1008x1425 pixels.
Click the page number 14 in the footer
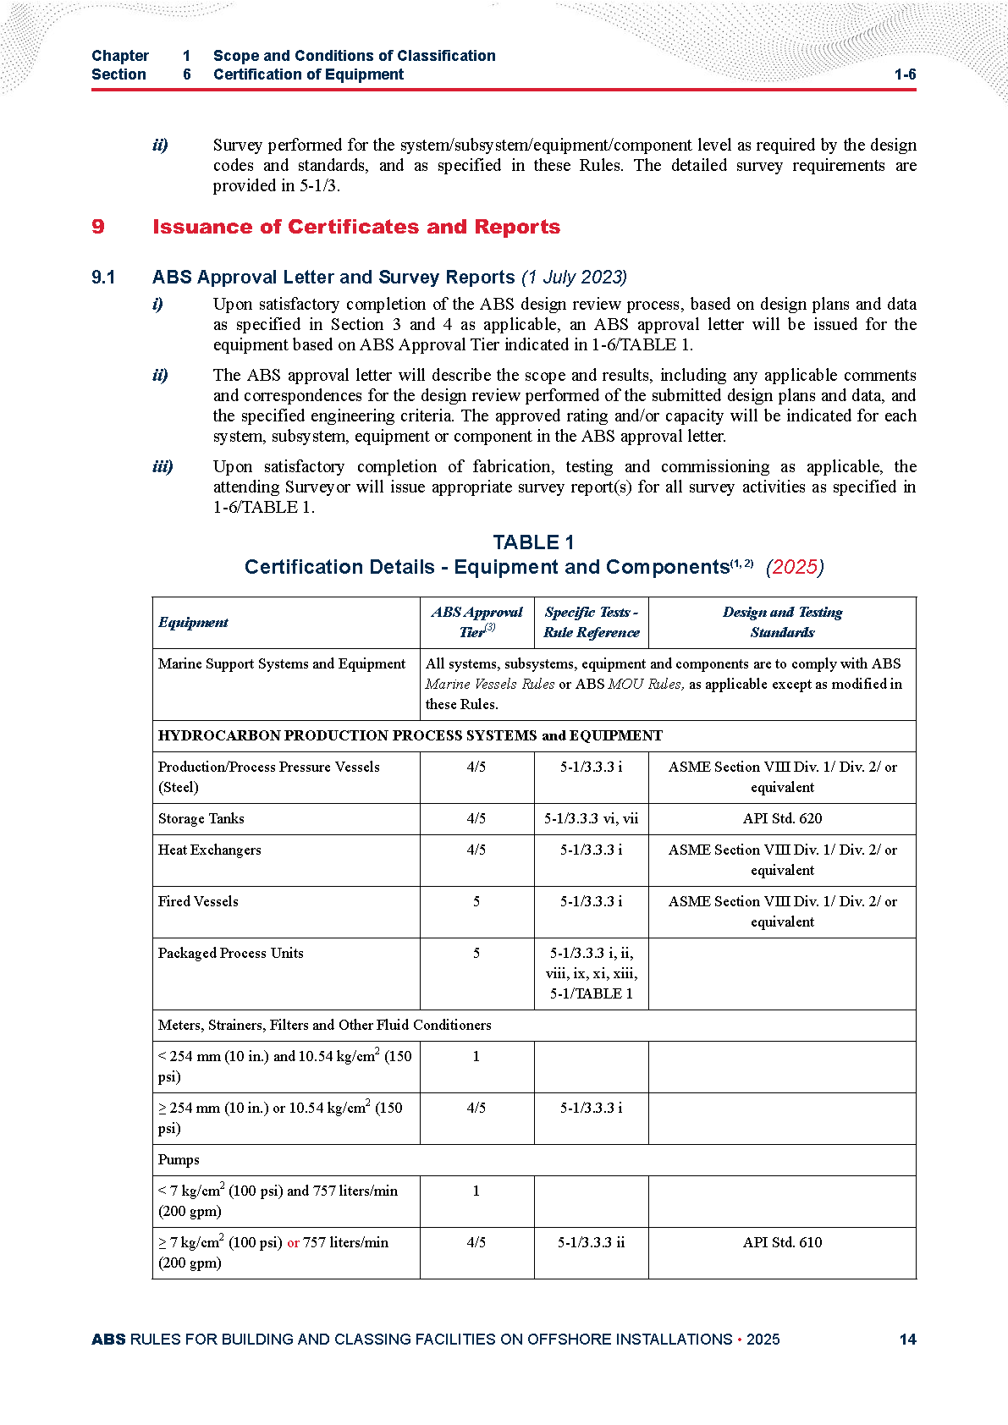point(907,1339)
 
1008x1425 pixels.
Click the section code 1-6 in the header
point(905,74)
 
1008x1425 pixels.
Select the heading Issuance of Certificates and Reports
point(355,227)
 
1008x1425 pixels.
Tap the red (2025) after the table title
point(794,567)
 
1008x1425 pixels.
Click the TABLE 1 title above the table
point(533,542)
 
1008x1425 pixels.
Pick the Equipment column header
point(193,623)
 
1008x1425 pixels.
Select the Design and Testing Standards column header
point(782,622)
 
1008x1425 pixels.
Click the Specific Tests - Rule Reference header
point(591,622)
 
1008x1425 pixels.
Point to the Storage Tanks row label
point(201,818)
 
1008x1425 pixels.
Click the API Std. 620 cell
point(782,818)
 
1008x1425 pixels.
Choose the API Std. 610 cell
point(782,1242)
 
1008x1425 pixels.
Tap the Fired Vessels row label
point(198,901)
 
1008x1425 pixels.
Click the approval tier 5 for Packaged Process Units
point(476,953)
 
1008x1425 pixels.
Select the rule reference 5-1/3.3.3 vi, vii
point(591,818)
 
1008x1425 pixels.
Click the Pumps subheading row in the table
point(179,1159)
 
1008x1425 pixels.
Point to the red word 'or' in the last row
point(293,1243)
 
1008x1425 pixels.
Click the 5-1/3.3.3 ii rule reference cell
point(591,1242)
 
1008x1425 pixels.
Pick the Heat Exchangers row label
point(209,850)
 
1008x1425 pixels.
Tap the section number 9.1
point(103,278)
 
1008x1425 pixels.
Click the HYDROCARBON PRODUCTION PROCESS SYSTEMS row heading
point(410,735)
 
